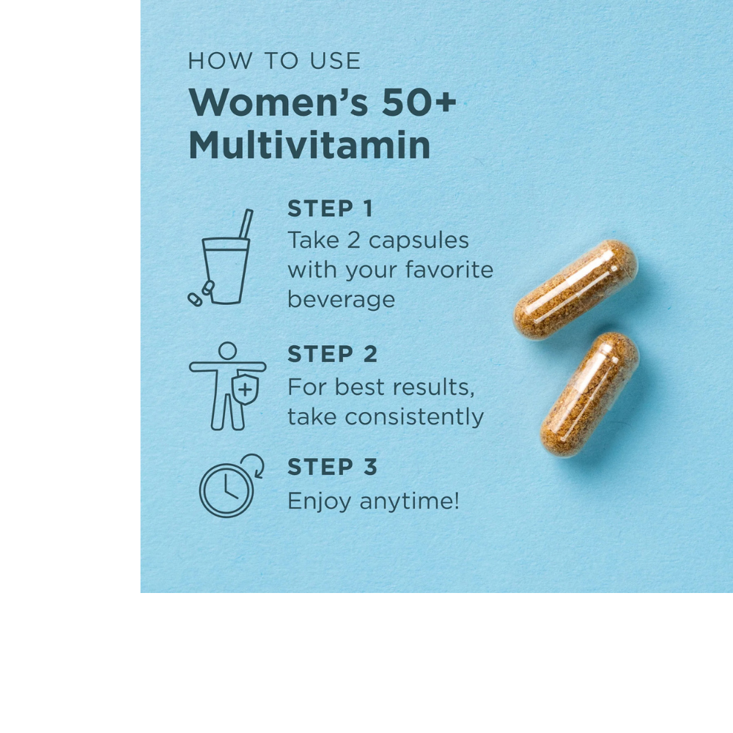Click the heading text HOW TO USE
point(274,61)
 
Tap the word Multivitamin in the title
point(309,146)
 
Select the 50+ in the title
point(419,103)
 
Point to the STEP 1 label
point(330,209)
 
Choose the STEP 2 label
point(332,354)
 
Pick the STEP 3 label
point(332,467)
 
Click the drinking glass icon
point(225,270)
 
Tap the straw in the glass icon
point(246,223)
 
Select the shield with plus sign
point(245,389)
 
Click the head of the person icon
point(227,350)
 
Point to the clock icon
point(226,490)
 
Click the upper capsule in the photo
point(575,289)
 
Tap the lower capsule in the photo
point(589,394)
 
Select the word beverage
point(341,299)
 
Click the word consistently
point(414,416)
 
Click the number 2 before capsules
point(353,240)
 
